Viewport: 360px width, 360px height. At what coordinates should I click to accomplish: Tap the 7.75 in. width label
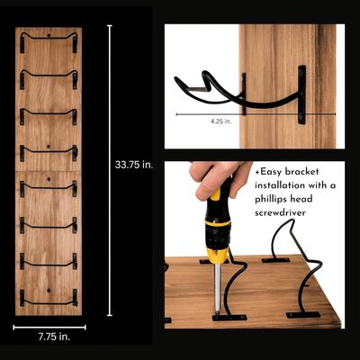coord(49,337)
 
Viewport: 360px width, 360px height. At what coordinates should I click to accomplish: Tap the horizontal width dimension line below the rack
coord(49,326)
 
